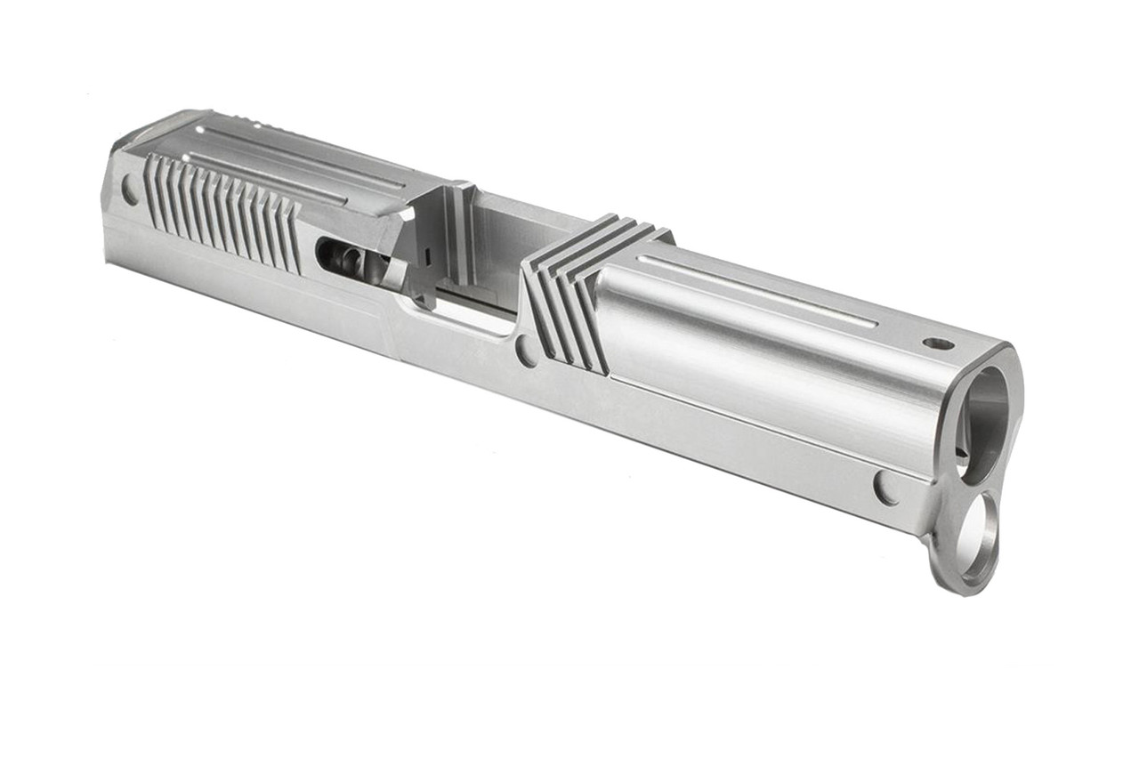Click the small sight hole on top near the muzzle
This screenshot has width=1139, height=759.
pyautogui.click(x=938, y=343)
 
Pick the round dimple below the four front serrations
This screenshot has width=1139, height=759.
pyautogui.click(x=527, y=351)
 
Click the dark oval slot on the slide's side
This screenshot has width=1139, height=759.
pyautogui.click(x=343, y=258)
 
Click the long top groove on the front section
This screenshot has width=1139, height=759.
pyautogui.click(x=756, y=289)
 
